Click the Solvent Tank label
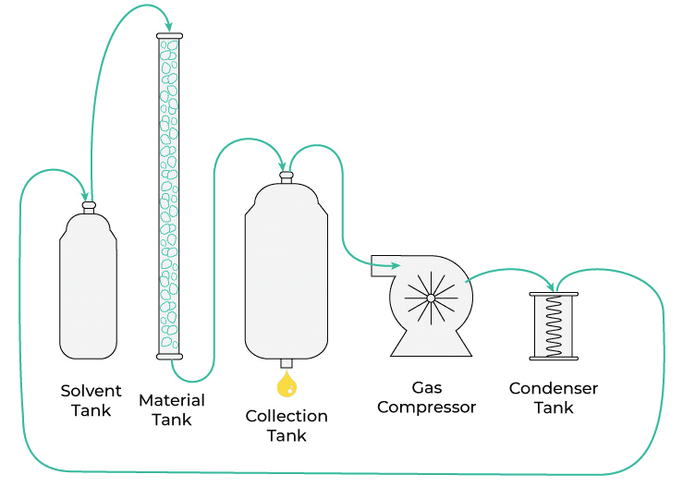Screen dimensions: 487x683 91,400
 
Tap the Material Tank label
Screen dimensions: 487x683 171,409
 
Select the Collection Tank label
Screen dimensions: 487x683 287,425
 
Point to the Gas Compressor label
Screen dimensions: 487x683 426,397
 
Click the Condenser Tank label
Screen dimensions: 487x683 554,397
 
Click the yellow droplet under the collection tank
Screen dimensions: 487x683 287,383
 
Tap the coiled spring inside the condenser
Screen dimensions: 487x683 554,326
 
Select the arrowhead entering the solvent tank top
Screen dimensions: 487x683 89,197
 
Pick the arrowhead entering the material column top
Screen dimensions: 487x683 168,25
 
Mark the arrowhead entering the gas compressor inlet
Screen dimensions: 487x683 392,267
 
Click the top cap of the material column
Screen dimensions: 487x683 169,35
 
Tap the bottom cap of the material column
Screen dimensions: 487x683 169,357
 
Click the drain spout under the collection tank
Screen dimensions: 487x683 287,363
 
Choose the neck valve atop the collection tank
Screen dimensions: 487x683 287,177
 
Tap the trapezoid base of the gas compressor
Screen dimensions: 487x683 431,344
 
